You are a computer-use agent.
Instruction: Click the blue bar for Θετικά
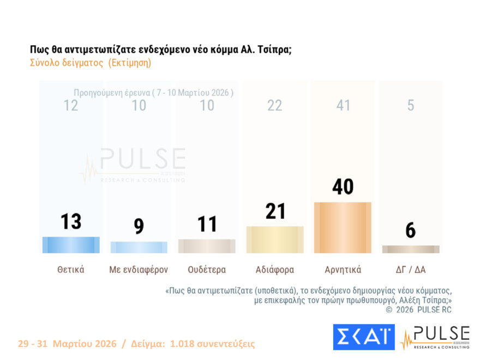click(71, 245)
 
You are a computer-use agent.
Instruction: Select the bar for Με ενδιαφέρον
click(139, 248)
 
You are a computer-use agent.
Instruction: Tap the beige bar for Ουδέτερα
click(207, 246)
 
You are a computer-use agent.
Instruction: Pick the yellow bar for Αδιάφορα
click(275, 239)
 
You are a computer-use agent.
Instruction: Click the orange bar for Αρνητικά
click(343, 227)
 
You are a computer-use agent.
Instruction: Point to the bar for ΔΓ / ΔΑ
click(411, 249)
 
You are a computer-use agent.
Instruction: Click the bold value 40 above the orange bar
click(343, 187)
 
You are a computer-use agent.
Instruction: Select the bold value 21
click(275, 211)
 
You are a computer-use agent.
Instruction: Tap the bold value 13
click(71, 221)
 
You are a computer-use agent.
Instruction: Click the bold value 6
click(411, 231)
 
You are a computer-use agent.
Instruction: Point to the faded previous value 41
click(343, 105)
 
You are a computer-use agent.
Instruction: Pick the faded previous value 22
click(275, 105)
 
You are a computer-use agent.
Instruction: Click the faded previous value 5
click(411, 105)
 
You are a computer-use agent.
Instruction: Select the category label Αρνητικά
click(343, 269)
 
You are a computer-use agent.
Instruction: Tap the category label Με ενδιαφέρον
click(139, 269)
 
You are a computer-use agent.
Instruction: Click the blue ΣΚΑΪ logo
click(363, 337)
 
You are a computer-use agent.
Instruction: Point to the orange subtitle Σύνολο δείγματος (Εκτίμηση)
click(90, 63)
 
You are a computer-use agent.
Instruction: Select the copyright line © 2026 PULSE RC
click(418, 310)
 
